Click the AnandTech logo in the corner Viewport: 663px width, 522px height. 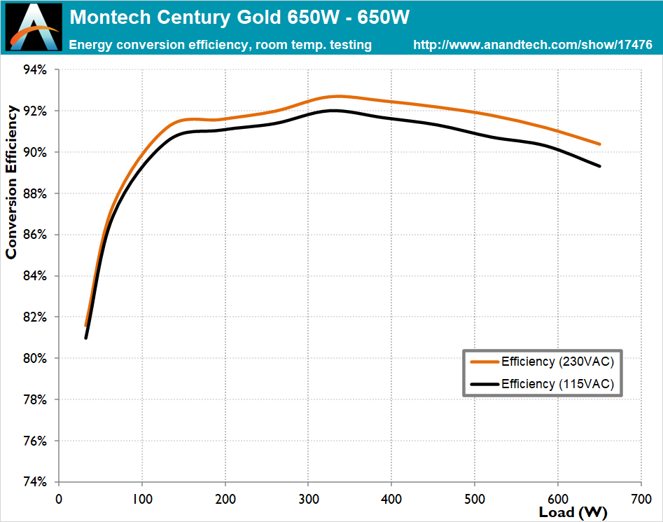point(34,27)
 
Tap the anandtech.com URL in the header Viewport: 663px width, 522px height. point(533,45)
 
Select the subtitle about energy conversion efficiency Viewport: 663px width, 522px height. point(221,45)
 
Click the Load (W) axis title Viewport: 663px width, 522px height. point(573,512)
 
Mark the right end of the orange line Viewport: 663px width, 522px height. point(600,144)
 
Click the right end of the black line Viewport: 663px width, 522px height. point(600,166)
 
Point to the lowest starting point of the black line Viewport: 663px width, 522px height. point(86,338)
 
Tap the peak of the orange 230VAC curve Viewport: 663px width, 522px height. point(338,96)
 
